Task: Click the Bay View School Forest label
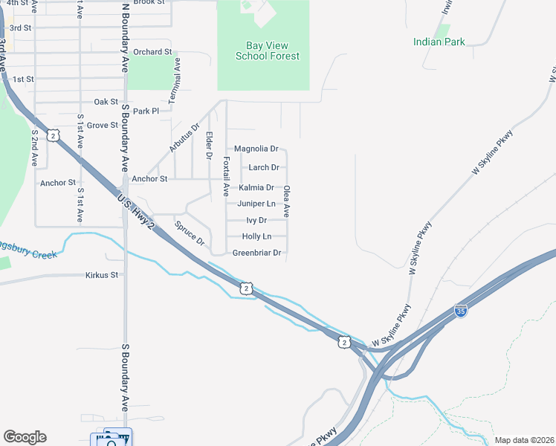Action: click(x=267, y=51)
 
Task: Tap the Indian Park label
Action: click(x=439, y=42)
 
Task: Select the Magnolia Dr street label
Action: click(x=256, y=149)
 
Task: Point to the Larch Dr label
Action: click(x=264, y=167)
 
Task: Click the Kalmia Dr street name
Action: click(x=256, y=187)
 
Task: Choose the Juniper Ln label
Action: click(x=256, y=204)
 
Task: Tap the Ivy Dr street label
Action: click(x=256, y=220)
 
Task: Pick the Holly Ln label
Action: click(x=256, y=236)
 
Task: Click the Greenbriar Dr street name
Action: click(x=256, y=253)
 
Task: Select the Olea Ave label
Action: click(x=286, y=201)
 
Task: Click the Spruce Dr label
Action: click(x=189, y=232)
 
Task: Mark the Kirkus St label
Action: click(x=102, y=275)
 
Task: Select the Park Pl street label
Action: click(x=146, y=111)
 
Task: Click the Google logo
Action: click(x=25, y=437)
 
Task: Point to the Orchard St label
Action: click(x=152, y=52)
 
